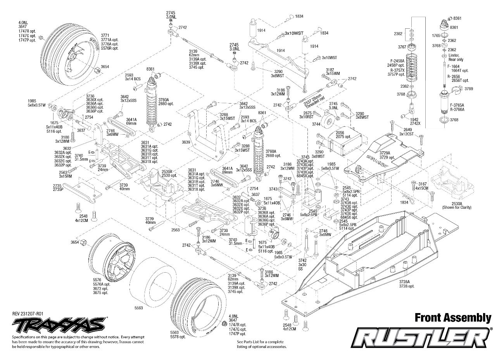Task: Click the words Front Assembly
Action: pos(453,318)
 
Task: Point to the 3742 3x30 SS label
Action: pos(302,264)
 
